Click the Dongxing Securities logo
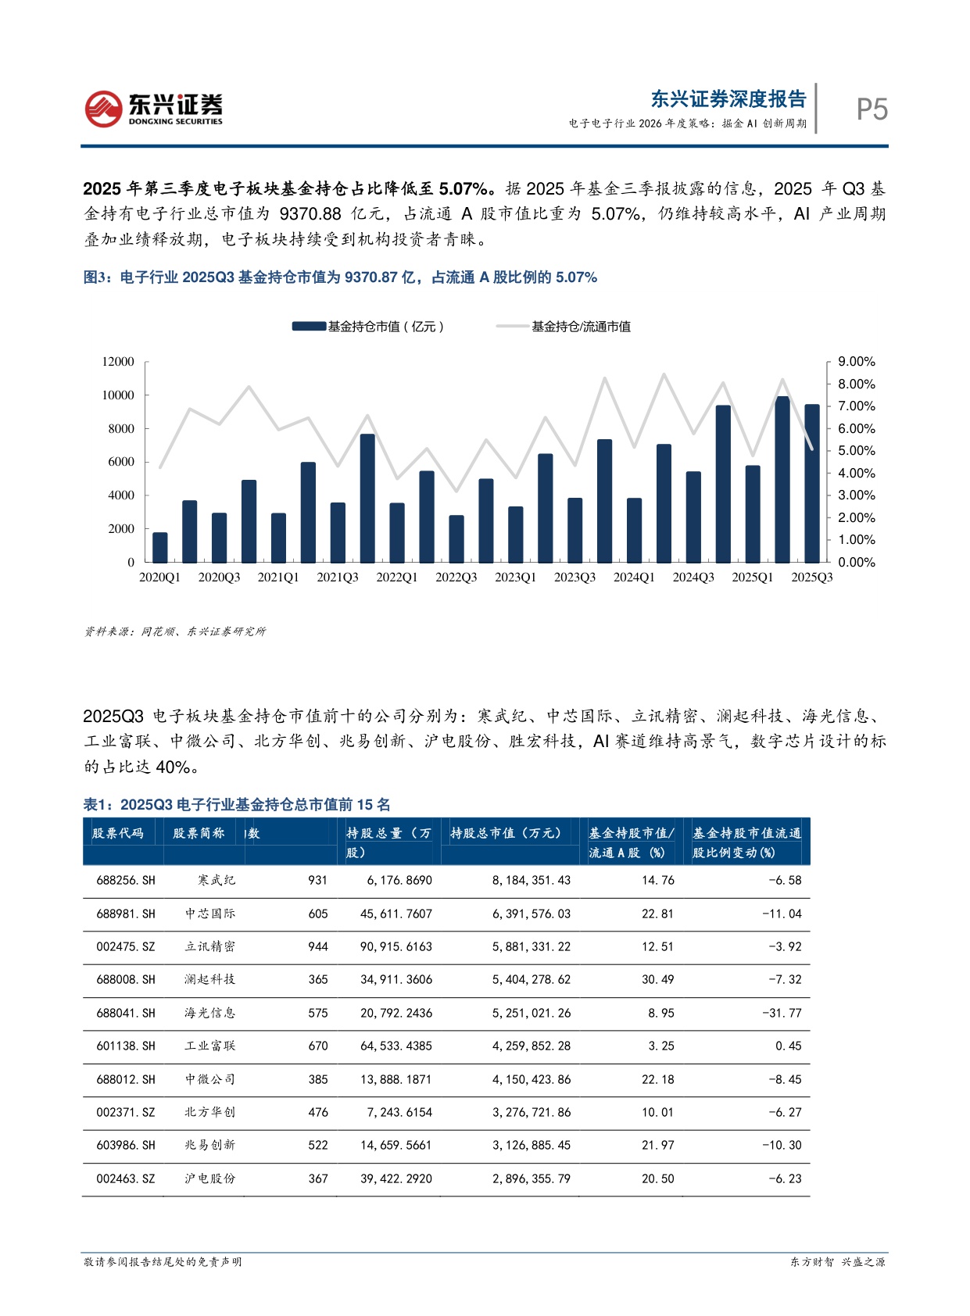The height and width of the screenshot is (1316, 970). (x=153, y=109)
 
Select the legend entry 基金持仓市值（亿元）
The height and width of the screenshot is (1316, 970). (x=368, y=327)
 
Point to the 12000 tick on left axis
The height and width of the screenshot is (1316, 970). (x=118, y=362)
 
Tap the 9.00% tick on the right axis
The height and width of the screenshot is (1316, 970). (x=856, y=362)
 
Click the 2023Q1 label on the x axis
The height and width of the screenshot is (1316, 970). (x=515, y=578)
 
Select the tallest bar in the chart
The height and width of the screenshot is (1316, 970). (x=782, y=479)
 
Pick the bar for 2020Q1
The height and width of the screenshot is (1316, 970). (x=159, y=547)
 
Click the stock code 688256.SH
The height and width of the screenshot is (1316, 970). (x=126, y=881)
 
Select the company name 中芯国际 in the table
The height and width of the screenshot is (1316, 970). (x=209, y=914)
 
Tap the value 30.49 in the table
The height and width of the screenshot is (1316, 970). (x=657, y=980)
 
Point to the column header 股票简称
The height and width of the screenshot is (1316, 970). (x=199, y=834)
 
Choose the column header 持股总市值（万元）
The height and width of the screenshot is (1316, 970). (x=506, y=834)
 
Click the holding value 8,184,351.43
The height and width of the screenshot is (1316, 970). (x=532, y=881)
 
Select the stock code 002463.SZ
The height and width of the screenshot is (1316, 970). (x=126, y=1178)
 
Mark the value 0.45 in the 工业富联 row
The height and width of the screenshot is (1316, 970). (x=788, y=1046)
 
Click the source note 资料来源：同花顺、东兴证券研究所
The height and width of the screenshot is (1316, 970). (x=175, y=631)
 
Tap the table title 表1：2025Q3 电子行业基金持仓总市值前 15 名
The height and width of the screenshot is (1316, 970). (x=237, y=805)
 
